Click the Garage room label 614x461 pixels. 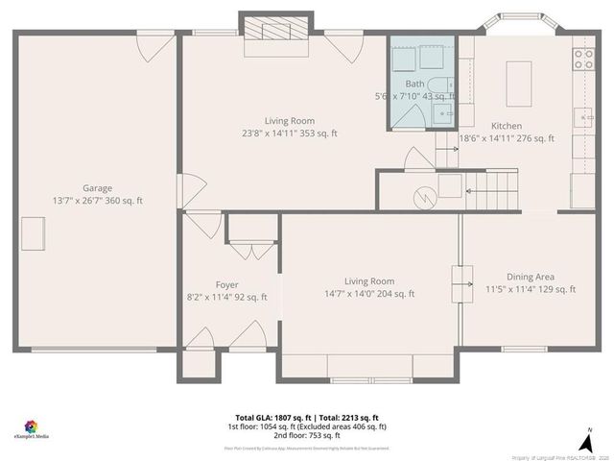point(97,187)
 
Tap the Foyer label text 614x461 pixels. point(226,284)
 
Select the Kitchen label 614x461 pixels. point(507,126)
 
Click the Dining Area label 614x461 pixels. point(530,277)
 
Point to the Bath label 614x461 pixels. point(414,84)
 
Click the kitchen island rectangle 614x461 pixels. point(518,76)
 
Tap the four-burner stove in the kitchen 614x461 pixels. point(583,60)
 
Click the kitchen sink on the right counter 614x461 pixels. point(584,117)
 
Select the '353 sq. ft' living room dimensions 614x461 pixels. point(289,133)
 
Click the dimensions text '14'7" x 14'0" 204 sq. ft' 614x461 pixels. point(369,294)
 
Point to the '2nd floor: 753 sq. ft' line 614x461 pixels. point(307,437)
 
